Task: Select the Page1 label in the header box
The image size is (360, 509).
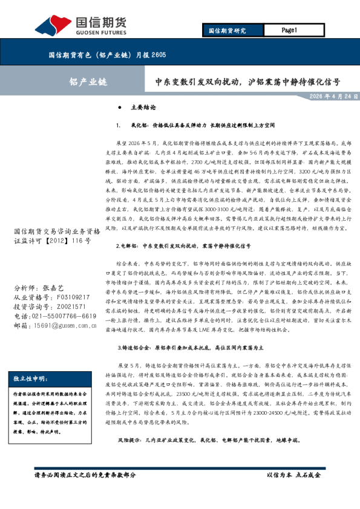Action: (x=289, y=30)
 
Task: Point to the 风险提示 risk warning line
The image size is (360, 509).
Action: (x=207, y=441)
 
